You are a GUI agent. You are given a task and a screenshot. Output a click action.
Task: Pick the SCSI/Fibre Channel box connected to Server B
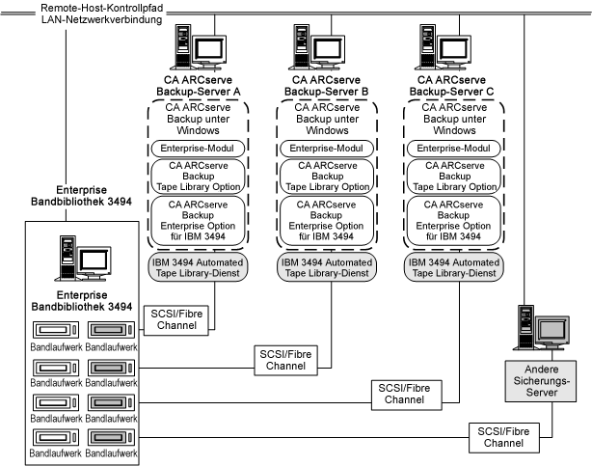(x=286, y=360)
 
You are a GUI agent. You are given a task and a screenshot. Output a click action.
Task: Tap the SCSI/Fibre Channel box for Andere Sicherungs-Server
(x=501, y=435)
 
